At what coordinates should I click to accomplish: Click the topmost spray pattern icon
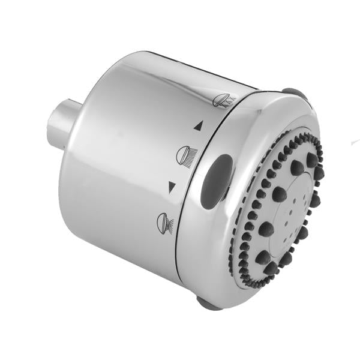[224, 100]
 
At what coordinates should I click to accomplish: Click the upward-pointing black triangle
[199, 126]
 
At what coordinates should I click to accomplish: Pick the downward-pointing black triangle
[172, 187]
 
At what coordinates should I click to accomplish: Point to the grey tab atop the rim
[294, 94]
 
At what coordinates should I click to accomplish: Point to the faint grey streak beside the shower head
[355, 142]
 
